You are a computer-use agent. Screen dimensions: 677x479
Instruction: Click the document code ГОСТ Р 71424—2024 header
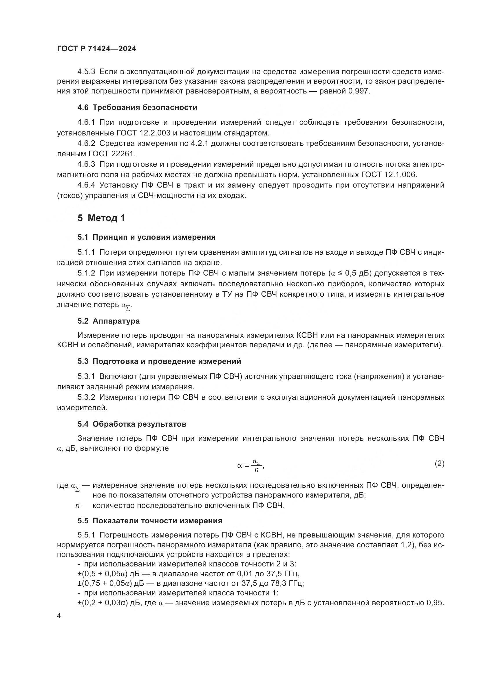tap(97, 49)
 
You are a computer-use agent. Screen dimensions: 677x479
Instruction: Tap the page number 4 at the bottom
tap(59, 616)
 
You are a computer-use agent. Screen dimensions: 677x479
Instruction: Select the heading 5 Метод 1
tap(101, 218)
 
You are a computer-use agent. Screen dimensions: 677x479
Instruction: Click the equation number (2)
tap(440, 464)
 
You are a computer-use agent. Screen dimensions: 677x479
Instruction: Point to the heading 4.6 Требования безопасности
tap(137, 107)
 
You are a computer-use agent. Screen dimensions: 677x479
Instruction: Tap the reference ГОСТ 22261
tap(112, 154)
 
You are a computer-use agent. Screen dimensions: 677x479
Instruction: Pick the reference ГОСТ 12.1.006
tap(389, 175)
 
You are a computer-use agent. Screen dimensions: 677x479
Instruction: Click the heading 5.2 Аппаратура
tap(109, 321)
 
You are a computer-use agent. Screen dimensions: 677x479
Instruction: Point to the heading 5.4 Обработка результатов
tap(132, 424)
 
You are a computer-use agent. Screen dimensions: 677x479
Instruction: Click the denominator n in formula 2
tap(256, 470)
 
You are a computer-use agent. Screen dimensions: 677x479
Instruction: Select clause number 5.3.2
tap(86, 397)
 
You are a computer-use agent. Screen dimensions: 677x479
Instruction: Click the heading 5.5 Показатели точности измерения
tap(150, 521)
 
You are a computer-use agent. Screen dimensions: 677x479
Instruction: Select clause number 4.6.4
tap(86, 185)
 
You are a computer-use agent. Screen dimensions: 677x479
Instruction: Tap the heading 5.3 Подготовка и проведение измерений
tap(159, 361)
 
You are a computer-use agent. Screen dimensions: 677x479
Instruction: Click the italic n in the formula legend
tap(78, 505)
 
